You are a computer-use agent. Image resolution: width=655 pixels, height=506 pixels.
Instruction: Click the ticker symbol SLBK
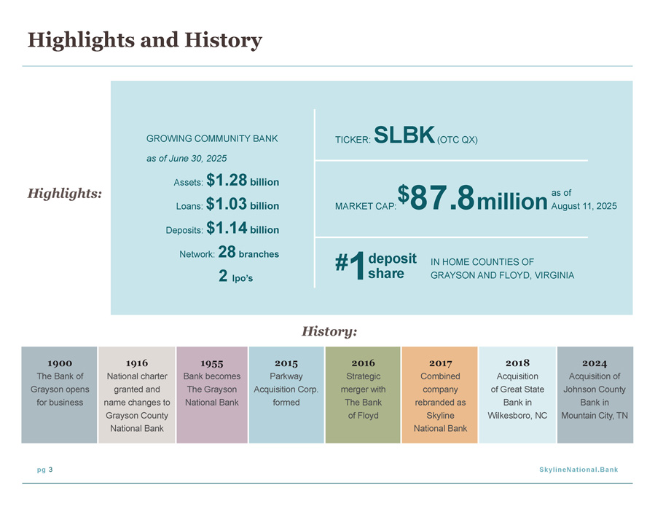coord(404,135)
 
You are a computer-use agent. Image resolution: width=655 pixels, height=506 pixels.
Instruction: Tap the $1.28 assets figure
coord(227,181)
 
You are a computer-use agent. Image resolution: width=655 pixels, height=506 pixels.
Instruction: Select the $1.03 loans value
coord(227,204)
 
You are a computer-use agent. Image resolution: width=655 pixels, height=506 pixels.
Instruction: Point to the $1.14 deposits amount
coord(227,228)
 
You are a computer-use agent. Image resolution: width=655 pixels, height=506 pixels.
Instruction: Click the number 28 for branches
coord(227,252)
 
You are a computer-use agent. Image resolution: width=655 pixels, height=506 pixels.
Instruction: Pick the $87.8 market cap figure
coord(436,198)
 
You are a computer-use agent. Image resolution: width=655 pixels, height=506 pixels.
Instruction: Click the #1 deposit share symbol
coord(350,265)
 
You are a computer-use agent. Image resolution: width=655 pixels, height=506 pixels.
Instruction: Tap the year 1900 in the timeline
coord(60,363)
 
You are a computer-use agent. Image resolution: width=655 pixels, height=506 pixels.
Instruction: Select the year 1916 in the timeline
coord(137,363)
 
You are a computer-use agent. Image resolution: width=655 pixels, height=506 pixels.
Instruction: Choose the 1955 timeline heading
coord(212,363)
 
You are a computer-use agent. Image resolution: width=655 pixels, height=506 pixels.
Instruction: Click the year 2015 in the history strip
coord(286,363)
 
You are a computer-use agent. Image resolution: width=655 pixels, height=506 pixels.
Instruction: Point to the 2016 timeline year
coord(363,363)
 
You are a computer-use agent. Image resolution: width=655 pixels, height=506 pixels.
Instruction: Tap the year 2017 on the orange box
coord(440,363)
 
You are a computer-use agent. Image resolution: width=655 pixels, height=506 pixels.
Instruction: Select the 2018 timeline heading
coord(517,363)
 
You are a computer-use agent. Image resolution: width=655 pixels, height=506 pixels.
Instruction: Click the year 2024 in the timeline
coord(595,363)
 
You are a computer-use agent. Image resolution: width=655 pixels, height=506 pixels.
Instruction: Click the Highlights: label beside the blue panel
coord(65,194)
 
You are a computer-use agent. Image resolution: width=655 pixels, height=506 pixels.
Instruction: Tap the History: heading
coord(329,331)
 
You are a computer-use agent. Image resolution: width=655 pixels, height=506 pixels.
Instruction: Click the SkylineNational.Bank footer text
coord(578,470)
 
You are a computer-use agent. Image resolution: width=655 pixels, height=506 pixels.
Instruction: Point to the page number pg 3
coord(45,470)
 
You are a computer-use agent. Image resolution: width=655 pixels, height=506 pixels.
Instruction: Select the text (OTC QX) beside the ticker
coord(458,140)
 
